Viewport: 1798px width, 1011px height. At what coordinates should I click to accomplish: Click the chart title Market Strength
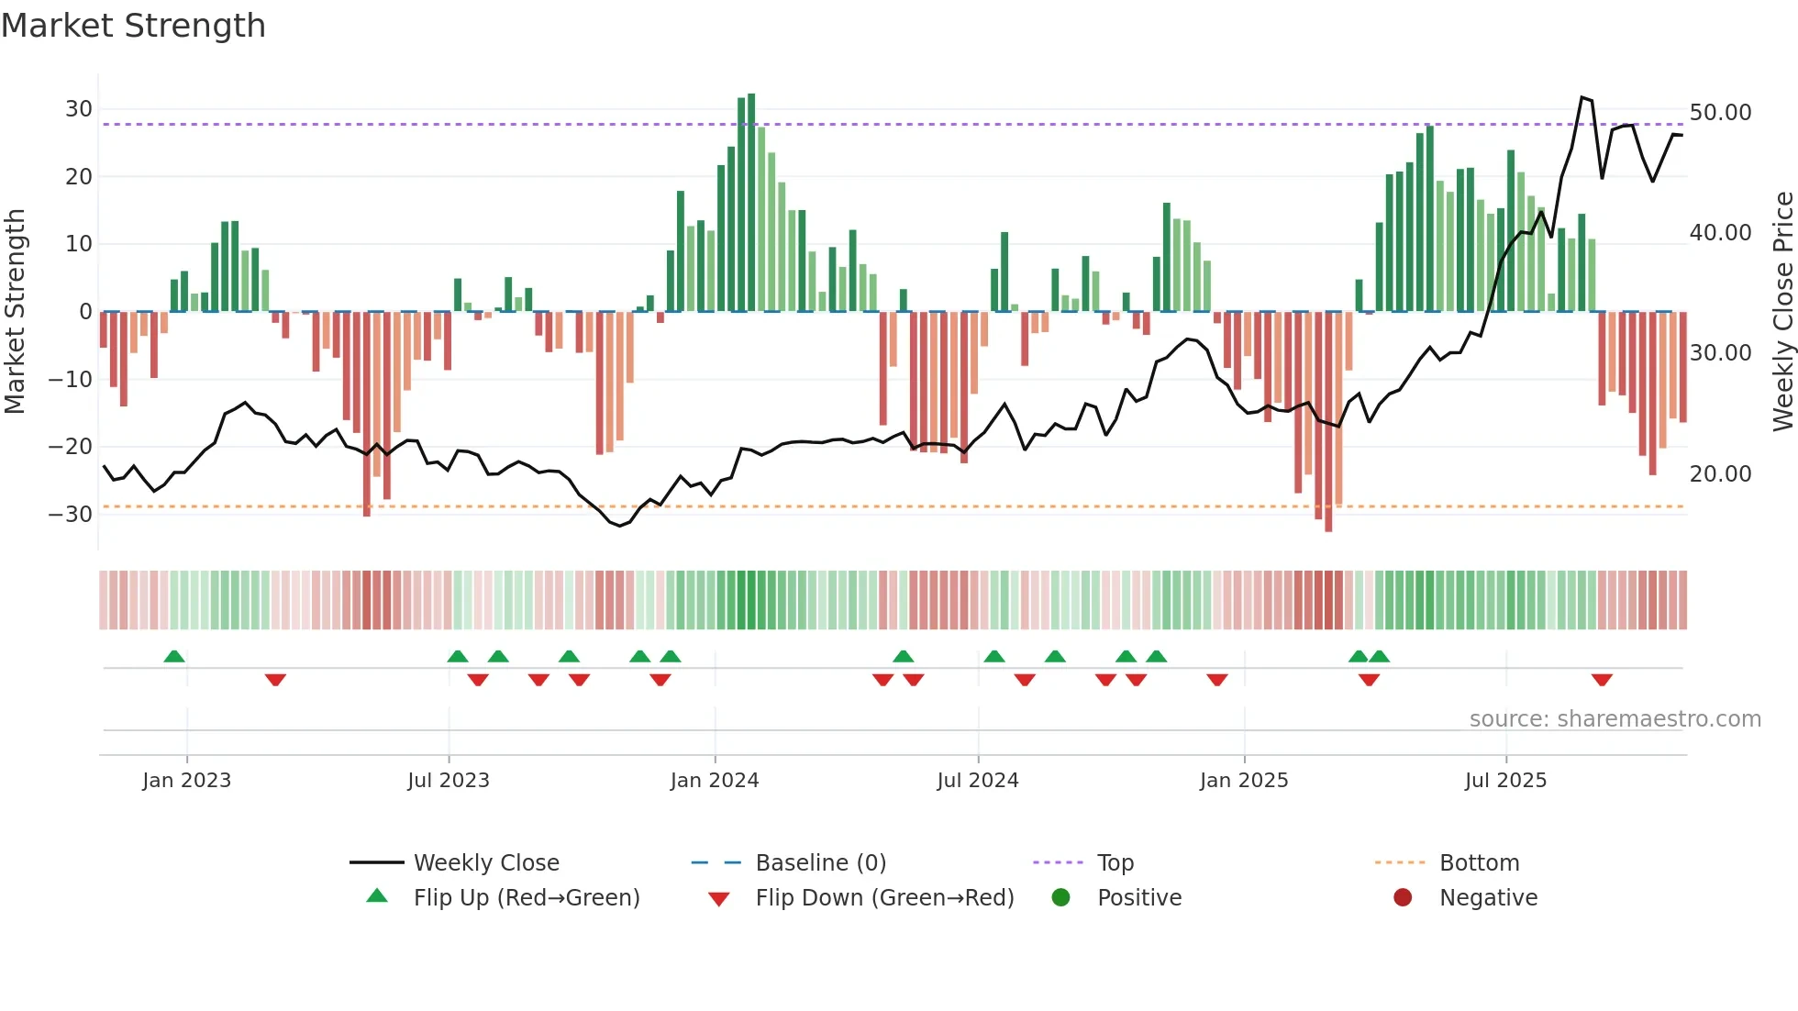coord(133,26)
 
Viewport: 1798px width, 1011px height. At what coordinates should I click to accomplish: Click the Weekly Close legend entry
coord(485,862)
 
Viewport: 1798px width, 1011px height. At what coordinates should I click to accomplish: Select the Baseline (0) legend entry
coord(820,862)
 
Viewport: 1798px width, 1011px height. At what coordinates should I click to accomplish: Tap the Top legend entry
coord(1115,862)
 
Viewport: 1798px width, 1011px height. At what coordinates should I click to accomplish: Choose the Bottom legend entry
coord(1479,862)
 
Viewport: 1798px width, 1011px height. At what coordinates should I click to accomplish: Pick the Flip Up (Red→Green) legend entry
coord(526,897)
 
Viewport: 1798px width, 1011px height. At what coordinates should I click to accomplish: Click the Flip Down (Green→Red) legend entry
coord(884,897)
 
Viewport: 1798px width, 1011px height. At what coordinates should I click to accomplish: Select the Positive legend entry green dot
coord(1061,897)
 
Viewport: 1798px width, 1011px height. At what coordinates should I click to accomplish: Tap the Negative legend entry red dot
coord(1403,897)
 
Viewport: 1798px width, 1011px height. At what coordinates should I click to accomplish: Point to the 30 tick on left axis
coord(79,109)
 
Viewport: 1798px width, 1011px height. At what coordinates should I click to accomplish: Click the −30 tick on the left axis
coord(71,514)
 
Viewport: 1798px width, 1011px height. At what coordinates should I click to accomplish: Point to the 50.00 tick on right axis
coord(1720,113)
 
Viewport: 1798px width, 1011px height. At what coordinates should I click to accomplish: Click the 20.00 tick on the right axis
coord(1720,473)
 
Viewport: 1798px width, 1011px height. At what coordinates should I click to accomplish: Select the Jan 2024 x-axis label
coord(715,781)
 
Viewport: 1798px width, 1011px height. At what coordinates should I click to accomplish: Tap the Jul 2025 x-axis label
coord(1505,781)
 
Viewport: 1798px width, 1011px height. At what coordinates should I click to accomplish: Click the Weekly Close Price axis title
coord(1782,311)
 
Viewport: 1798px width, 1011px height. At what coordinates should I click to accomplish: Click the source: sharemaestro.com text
coord(1615,718)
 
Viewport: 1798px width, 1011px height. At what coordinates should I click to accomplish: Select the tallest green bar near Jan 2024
coord(751,202)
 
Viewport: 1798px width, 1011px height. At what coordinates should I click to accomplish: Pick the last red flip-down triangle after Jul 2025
coord(1602,680)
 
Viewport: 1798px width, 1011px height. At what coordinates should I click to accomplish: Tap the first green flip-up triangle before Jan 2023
coord(174,656)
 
